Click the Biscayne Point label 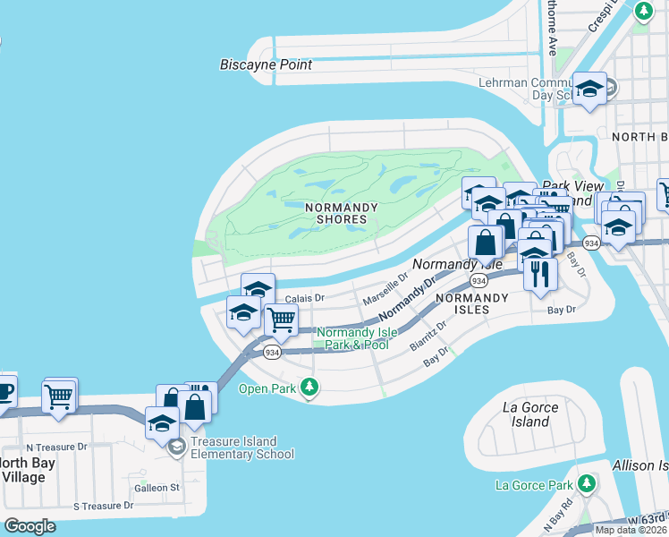[x=267, y=64]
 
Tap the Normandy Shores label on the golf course [x=335, y=213]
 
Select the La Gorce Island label [x=530, y=414]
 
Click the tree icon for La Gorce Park [x=586, y=484]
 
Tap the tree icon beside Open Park [x=309, y=388]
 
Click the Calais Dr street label [x=304, y=298]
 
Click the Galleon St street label [x=157, y=488]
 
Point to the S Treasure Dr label [x=103, y=506]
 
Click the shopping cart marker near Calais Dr [x=281, y=319]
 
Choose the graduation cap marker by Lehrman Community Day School [x=589, y=89]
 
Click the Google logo [x=30, y=526]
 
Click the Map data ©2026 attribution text [x=631, y=530]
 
